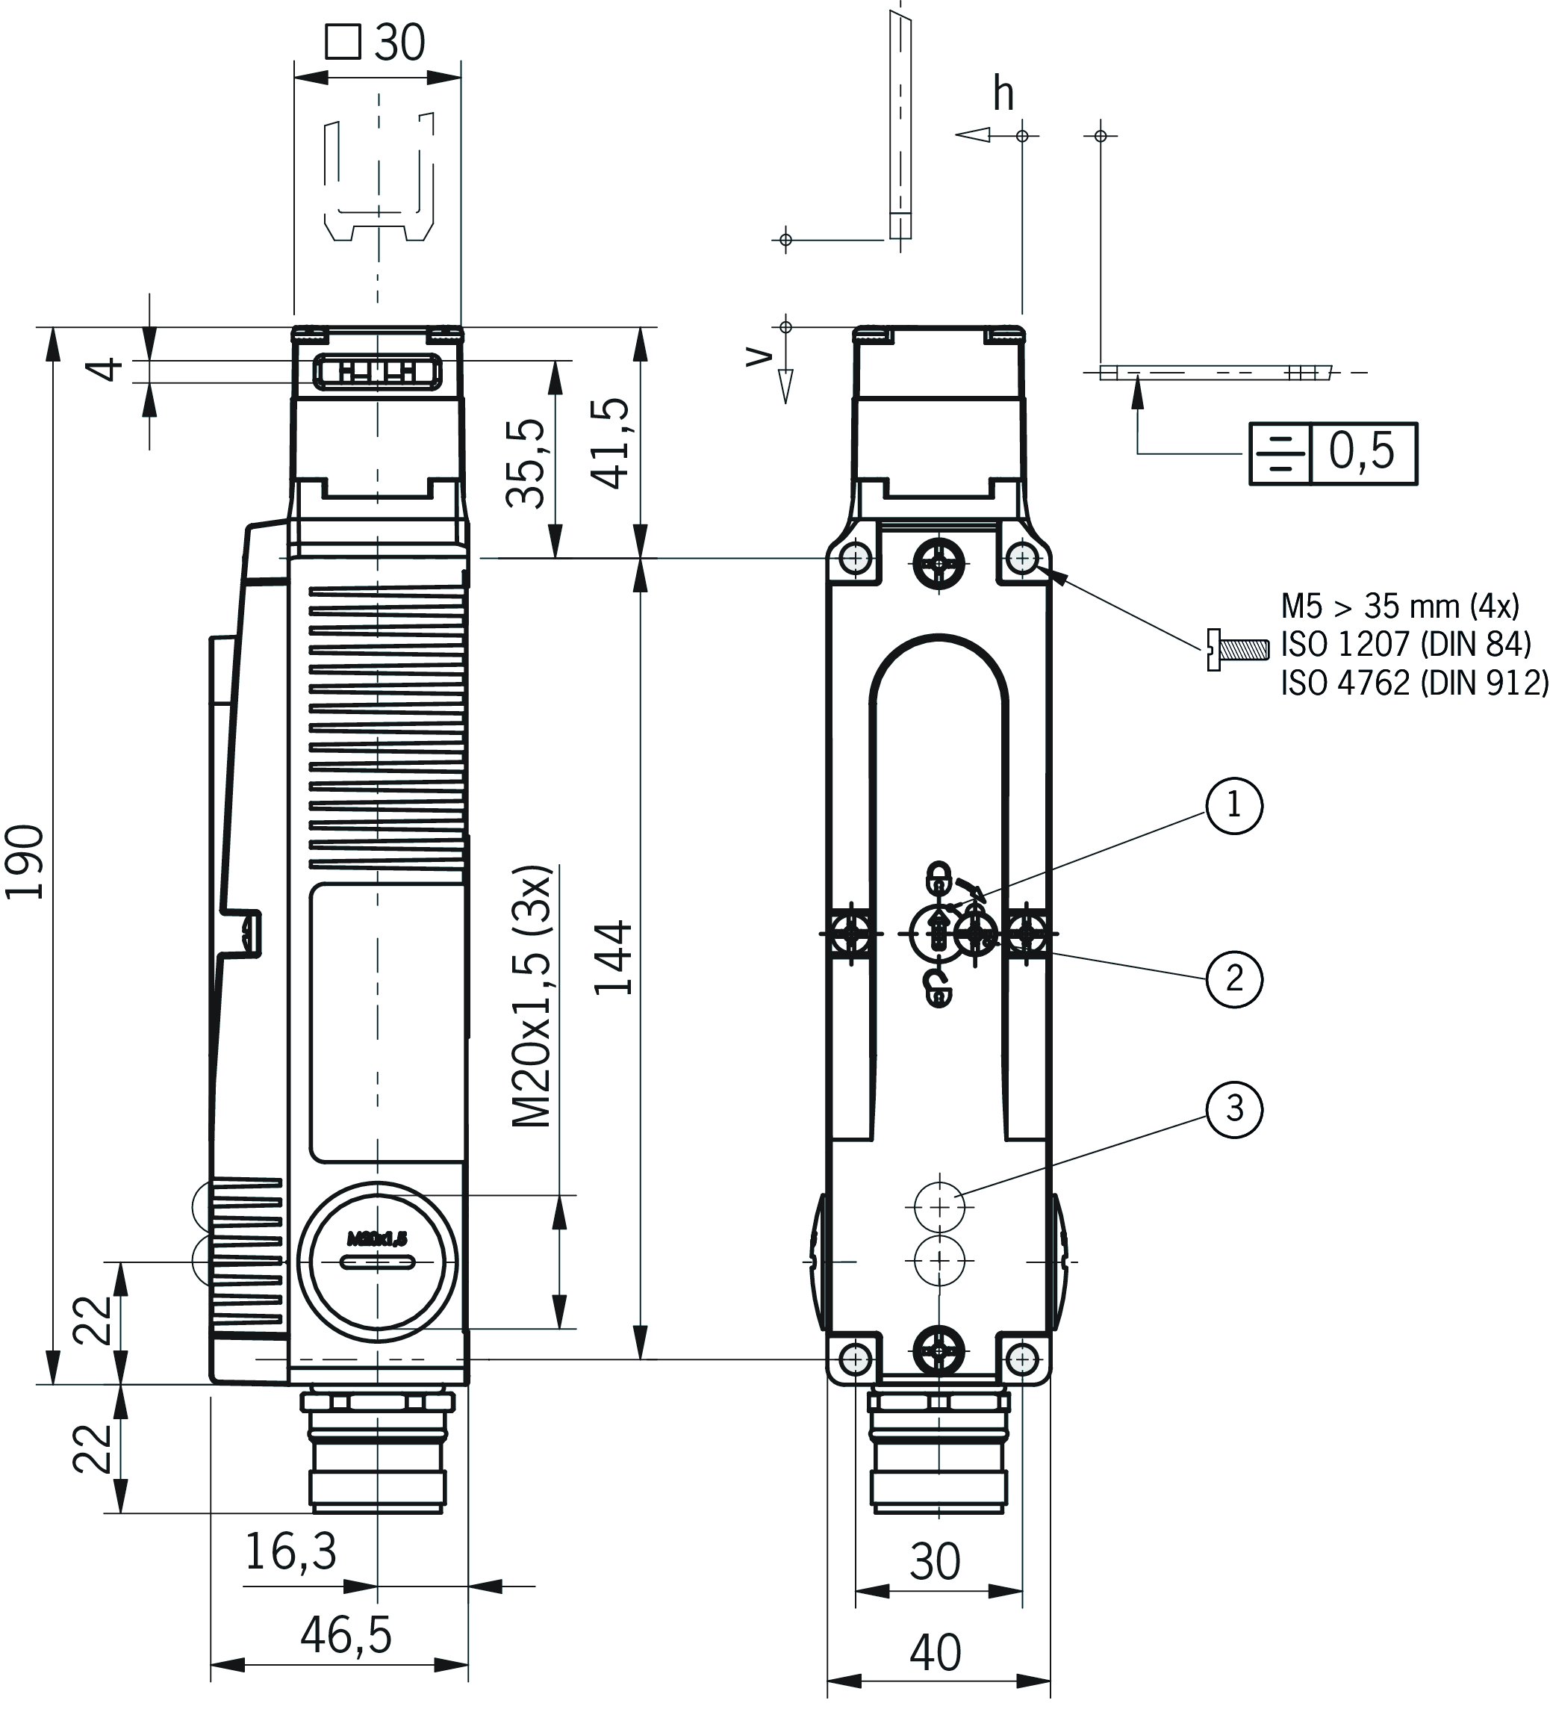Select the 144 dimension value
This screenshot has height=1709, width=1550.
[613, 957]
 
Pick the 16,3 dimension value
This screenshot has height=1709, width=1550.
[290, 1551]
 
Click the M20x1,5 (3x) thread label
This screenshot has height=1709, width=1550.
[533, 996]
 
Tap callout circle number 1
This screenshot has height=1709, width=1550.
[1234, 805]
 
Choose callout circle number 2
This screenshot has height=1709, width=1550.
[1234, 978]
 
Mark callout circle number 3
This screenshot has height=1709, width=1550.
[1234, 1108]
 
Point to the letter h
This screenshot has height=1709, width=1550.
[1003, 93]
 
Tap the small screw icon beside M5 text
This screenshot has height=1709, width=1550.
[1236, 649]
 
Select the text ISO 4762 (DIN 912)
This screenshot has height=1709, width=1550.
[1413, 683]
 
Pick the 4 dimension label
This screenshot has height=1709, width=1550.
[108, 370]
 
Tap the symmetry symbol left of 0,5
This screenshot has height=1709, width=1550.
[1279, 453]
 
